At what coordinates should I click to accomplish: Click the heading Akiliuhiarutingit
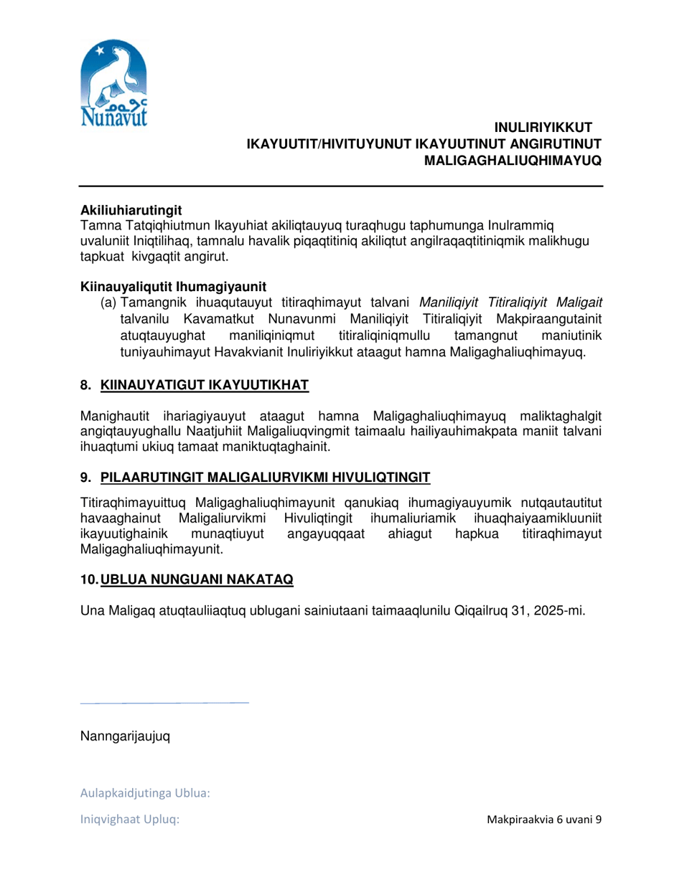[x=131, y=210]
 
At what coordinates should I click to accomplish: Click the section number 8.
[x=85, y=387]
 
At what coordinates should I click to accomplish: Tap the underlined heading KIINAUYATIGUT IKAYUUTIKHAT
[x=205, y=387]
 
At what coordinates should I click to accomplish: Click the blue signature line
[x=164, y=703]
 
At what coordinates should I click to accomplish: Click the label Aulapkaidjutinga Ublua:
[x=144, y=794]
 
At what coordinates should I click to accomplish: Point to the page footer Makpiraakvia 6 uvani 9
[x=543, y=820]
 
